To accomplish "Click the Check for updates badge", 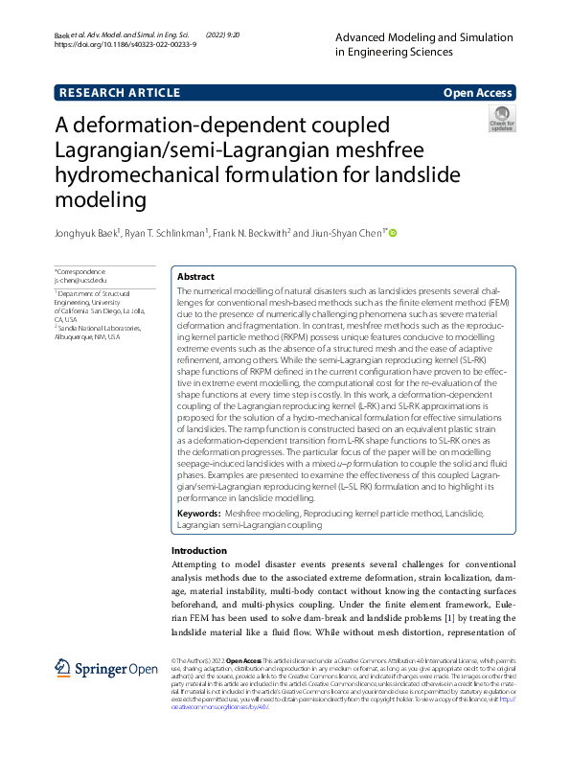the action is [502, 119].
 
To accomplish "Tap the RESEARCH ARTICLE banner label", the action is [120, 93].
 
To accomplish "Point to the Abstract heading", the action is [197, 274].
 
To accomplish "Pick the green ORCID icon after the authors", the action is [392, 233].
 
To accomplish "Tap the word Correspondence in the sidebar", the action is [82, 272].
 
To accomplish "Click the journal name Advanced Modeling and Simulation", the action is [424, 35].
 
